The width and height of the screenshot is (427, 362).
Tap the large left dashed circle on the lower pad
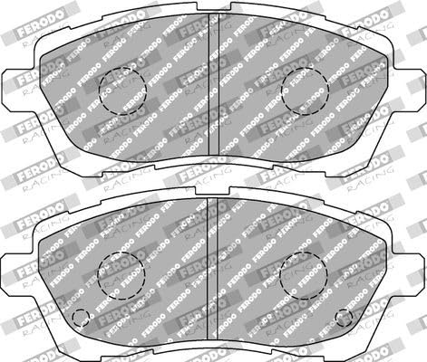click(121, 273)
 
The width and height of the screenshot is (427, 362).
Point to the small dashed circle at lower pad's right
click(345, 318)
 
